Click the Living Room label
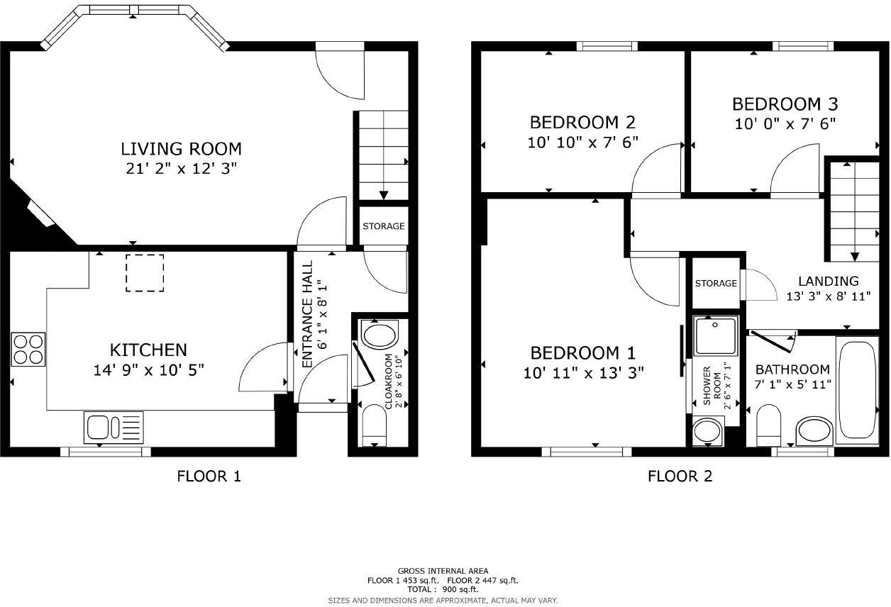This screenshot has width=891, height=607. (181, 149)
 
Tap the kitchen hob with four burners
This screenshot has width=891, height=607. (28, 349)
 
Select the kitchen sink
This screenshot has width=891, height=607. (114, 428)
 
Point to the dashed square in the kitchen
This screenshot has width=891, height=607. (145, 273)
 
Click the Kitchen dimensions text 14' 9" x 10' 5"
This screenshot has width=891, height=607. (149, 369)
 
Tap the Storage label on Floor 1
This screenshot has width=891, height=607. (383, 226)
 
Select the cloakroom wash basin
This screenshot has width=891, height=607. (381, 333)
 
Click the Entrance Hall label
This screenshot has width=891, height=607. (308, 314)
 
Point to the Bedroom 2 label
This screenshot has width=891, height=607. (582, 122)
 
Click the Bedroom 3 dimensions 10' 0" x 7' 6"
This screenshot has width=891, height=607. (785, 123)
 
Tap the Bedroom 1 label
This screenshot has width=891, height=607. (583, 353)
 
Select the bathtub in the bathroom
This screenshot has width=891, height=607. (859, 390)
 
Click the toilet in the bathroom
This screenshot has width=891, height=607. (769, 424)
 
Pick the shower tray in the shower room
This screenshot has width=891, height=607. (716, 336)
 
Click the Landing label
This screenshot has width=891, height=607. (828, 281)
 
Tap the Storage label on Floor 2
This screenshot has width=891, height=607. (716, 284)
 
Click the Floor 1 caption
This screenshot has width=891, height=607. (209, 477)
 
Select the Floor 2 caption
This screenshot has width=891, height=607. (680, 477)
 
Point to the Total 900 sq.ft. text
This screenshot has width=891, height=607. (443, 589)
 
